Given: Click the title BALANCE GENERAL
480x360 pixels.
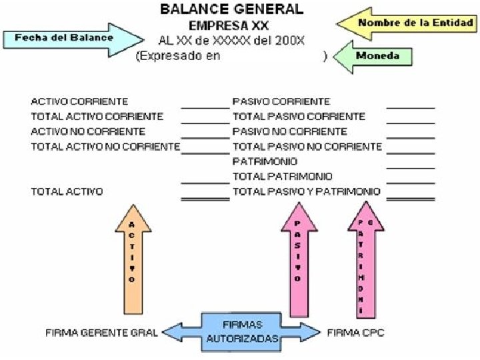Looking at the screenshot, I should (x=232, y=9).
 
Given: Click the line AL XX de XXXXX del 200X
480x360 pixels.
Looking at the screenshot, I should (x=231, y=41).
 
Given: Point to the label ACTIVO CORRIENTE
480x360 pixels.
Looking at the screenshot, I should (x=79, y=101).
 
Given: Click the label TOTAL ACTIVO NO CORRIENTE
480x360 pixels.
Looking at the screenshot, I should (x=105, y=146).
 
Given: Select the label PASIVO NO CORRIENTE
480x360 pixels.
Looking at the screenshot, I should (x=289, y=131).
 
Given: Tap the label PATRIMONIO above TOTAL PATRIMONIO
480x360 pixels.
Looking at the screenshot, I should (x=265, y=161).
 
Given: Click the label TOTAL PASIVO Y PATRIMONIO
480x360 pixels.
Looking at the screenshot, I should (x=307, y=191).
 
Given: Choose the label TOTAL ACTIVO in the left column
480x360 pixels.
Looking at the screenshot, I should (x=67, y=191).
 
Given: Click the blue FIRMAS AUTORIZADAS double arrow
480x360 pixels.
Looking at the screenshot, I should (x=242, y=331).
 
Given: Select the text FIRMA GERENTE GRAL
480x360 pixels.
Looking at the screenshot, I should (x=101, y=332).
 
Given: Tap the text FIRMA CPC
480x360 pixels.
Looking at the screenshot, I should (x=355, y=332).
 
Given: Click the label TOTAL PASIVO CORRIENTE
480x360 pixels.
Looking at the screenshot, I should (x=299, y=116).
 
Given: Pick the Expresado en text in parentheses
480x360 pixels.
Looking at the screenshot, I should (x=178, y=57).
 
